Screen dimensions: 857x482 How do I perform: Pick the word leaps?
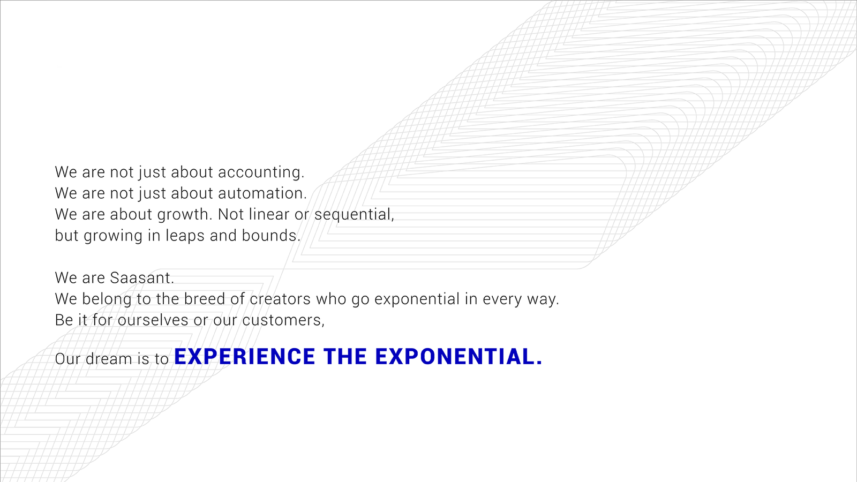(185, 236)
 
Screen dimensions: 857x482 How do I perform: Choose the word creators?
(280, 299)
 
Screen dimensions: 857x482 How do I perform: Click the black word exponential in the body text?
(417, 299)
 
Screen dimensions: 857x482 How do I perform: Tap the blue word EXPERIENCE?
(245, 357)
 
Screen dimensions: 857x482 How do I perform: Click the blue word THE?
(345, 357)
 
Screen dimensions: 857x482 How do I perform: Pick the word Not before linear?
(231, 214)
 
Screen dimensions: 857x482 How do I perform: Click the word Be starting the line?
(64, 320)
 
